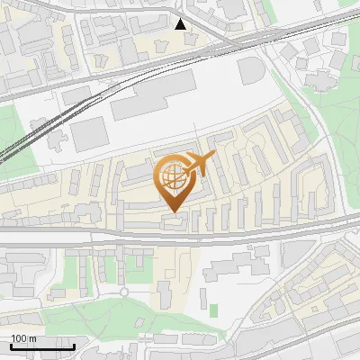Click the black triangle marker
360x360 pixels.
coord(181,24)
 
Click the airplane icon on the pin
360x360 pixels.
coord(200,163)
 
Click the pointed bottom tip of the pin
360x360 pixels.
coord(175,211)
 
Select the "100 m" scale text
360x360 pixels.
coord(23,338)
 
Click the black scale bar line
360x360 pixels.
coord(42,346)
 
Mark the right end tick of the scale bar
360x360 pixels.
coord(74,344)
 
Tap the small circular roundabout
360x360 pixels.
coord(124,292)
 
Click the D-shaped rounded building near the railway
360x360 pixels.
coord(252,71)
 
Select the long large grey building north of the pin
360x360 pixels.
coord(153,97)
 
